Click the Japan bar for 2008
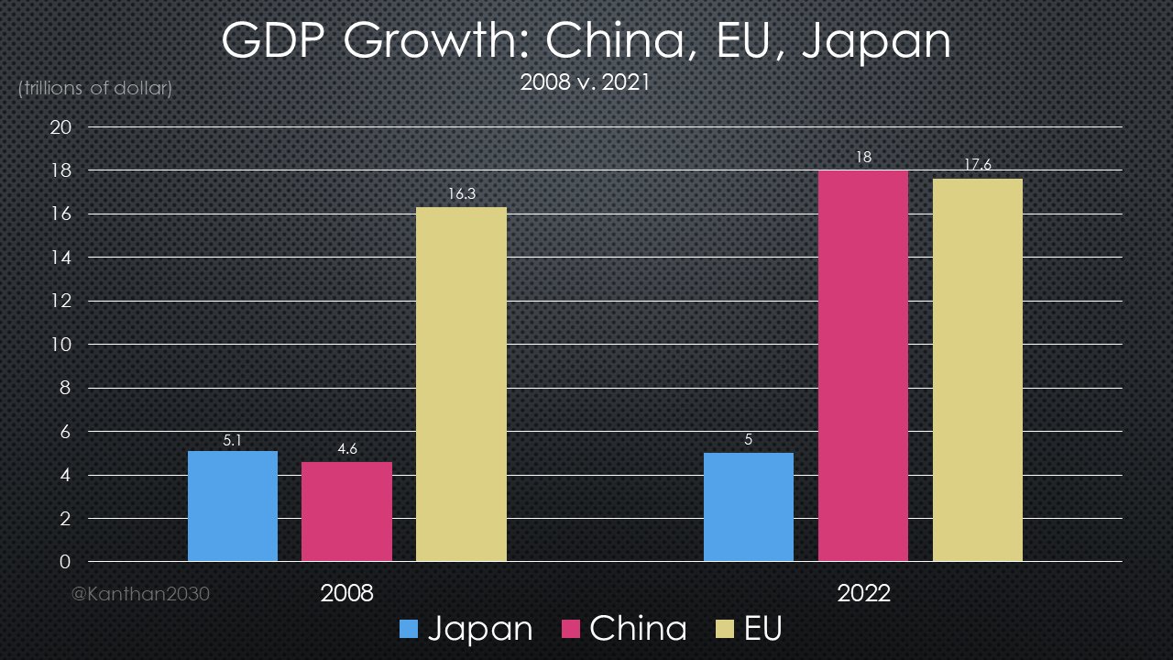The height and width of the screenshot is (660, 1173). tap(233, 506)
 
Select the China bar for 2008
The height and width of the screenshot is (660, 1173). tap(346, 511)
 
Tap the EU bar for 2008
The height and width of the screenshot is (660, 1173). tap(461, 385)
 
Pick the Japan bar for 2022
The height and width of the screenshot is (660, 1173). tap(749, 507)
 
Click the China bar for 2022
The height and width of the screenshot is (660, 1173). tap(863, 366)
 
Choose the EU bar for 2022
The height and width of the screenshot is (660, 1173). tap(978, 370)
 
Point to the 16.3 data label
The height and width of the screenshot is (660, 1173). tap(461, 194)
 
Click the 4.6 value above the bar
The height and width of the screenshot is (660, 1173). tap(346, 449)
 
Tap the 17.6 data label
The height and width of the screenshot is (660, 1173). tap(978, 166)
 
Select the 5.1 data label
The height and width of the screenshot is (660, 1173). tap(233, 439)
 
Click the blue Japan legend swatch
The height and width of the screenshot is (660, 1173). tap(409, 630)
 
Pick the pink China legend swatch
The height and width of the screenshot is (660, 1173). tap(568, 630)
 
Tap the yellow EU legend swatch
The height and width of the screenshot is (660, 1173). tap(723, 630)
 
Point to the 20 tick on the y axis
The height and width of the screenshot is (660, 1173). tap(60, 127)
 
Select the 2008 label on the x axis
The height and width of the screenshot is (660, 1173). tap(346, 593)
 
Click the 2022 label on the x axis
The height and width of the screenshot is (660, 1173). tap(863, 593)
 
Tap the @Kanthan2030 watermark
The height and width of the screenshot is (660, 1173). tap(141, 594)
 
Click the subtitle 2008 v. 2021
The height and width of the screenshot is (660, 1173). tap(585, 82)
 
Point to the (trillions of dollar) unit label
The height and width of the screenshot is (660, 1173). tap(94, 89)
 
